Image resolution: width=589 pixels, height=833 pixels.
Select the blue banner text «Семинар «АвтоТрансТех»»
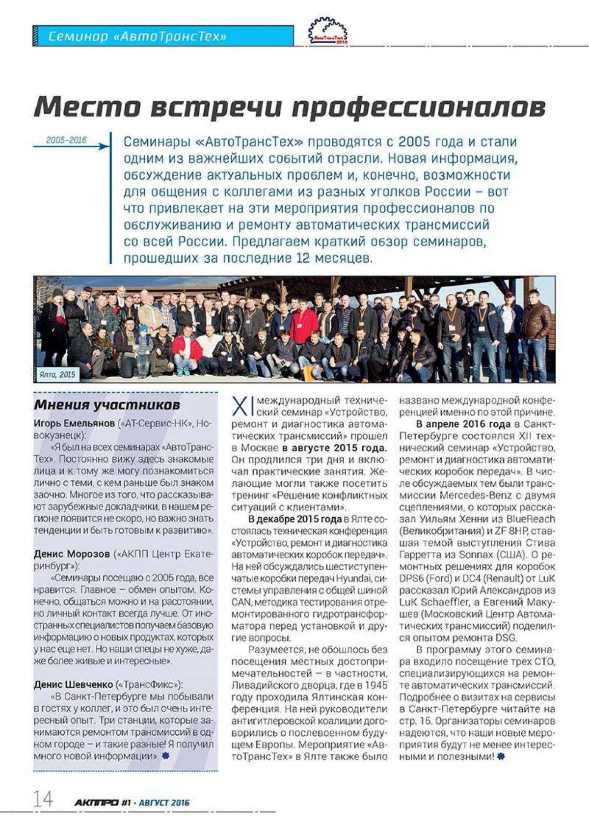(x=137, y=36)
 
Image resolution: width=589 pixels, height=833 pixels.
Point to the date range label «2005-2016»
(x=66, y=140)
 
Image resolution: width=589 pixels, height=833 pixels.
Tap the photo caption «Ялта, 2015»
(x=57, y=374)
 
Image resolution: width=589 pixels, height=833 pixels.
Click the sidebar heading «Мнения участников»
(x=107, y=405)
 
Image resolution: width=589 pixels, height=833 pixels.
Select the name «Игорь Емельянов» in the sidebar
(x=74, y=423)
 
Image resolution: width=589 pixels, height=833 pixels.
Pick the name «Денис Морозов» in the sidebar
(x=72, y=554)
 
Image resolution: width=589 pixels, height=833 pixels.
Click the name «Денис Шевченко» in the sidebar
(x=73, y=684)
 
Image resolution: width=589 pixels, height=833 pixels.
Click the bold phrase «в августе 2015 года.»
(x=334, y=448)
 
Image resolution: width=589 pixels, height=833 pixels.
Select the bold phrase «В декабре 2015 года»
(x=295, y=519)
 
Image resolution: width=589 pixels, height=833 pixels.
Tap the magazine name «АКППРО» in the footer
(x=96, y=803)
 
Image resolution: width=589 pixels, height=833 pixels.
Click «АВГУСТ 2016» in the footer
(x=164, y=803)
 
